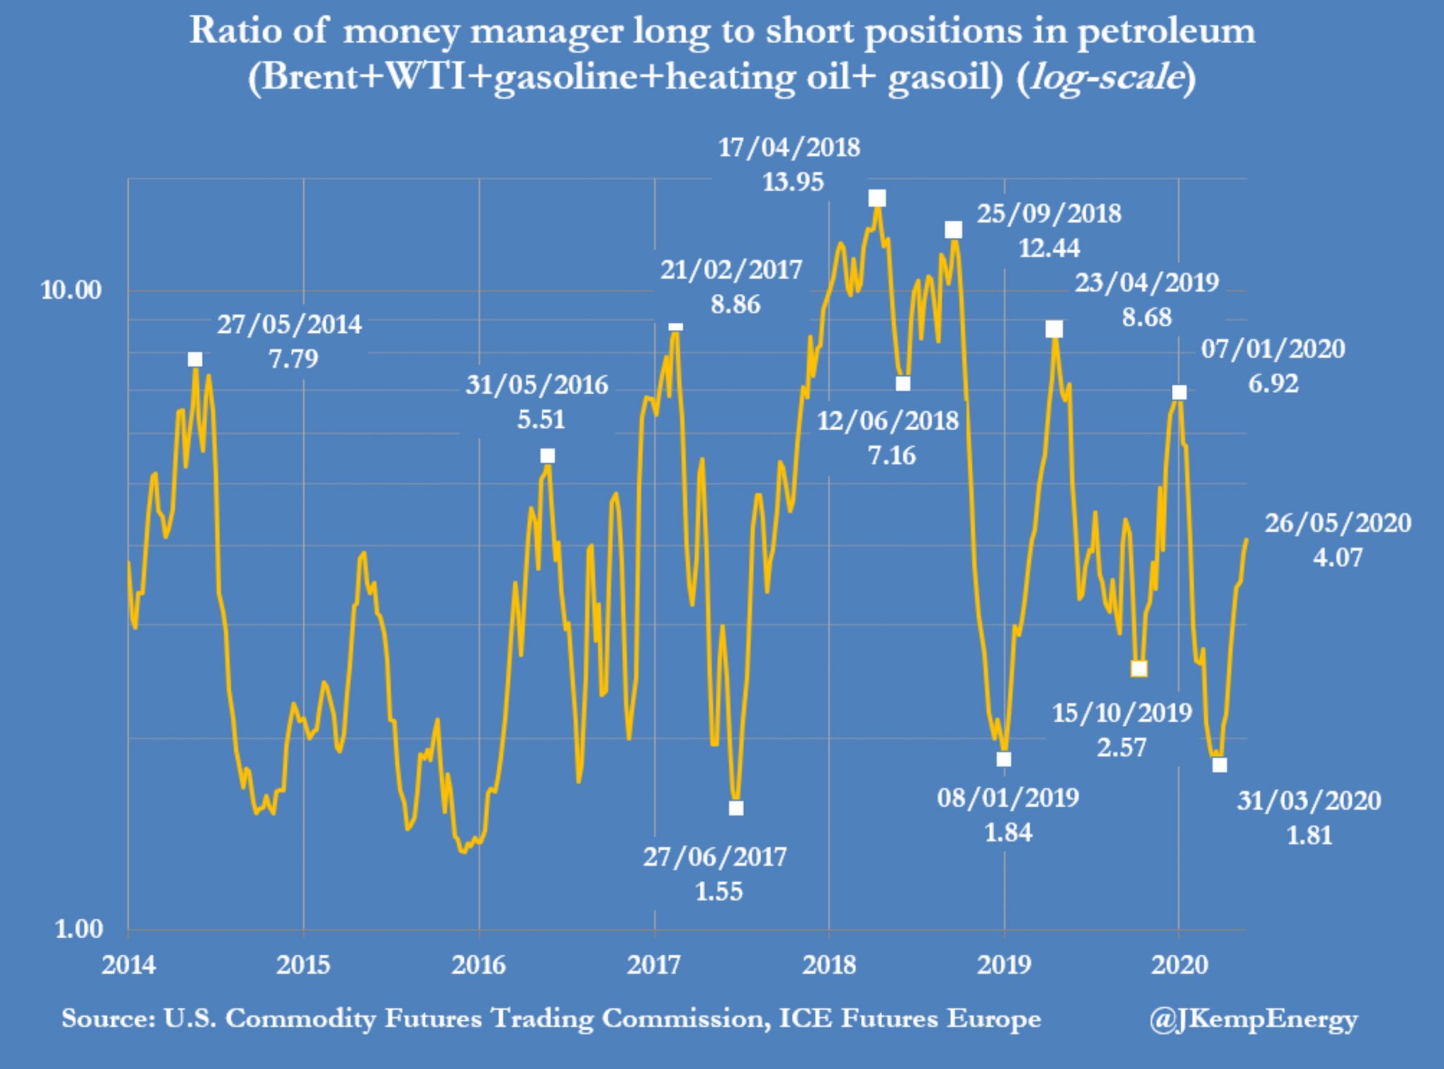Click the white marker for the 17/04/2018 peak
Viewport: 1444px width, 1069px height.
(877, 198)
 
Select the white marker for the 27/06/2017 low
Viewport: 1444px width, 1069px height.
(736, 808)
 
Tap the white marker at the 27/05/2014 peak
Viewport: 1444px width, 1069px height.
(195, 360)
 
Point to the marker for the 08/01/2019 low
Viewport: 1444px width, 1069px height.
(1004, 759)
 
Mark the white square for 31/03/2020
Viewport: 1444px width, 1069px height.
(1220, 765)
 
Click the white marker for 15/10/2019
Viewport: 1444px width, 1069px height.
(1139, 668)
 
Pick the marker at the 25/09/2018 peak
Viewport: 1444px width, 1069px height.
(953, 230)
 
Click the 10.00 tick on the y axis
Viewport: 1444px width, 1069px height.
(71, 290)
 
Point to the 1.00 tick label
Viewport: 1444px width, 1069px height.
(79, 929)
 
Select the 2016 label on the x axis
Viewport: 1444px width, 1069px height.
(479, 965)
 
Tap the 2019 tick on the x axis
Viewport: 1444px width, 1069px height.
(1004, 965)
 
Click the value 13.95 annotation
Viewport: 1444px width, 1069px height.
(793, 182)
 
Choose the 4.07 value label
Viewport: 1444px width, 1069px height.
(1338, 558)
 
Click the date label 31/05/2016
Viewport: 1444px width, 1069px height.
(537, 385)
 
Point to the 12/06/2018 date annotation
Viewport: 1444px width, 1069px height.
(888, 421)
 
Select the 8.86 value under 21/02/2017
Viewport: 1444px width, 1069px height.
(735, 305)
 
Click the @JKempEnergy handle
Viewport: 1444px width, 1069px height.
(1253, 1019)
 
